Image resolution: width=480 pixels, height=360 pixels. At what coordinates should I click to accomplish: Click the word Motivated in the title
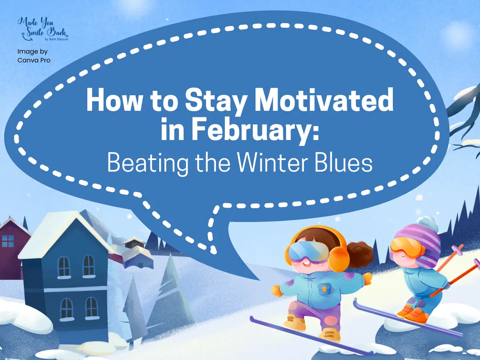pos(324,100)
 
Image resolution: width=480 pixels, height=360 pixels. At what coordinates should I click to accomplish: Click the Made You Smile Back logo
pos(43,30)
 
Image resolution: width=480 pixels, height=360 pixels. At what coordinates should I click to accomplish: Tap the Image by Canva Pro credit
pos(34,56)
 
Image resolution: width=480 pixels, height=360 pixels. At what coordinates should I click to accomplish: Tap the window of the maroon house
pos(8,241)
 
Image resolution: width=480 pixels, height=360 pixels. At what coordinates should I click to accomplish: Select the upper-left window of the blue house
pos(64,266)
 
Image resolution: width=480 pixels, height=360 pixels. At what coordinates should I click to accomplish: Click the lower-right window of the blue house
pos(92,307)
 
